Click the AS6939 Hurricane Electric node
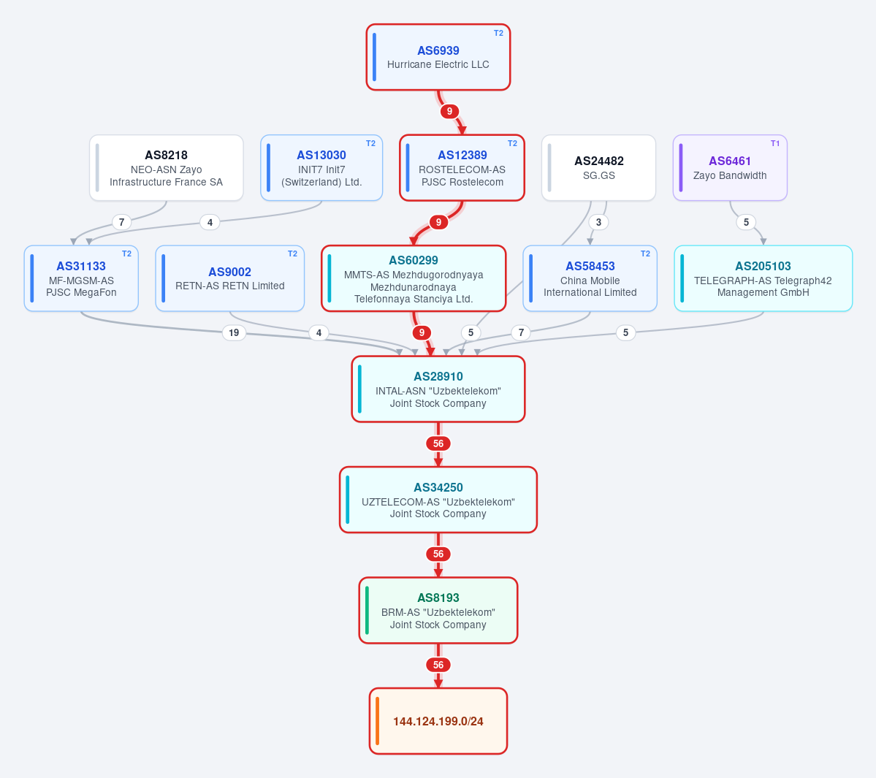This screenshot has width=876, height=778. [x=438, y=57]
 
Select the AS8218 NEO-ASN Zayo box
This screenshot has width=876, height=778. [x=167, y=167]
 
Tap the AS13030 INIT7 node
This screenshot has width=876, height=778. [x=321, y=167]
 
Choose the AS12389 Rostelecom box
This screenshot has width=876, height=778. [x=462, y=167]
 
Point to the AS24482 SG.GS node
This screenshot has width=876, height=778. [x=598, y=167]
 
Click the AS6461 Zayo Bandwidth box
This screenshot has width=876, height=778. [x=730, y=167]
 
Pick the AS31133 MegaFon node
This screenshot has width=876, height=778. [x=81, y=278]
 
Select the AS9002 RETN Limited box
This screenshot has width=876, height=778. [x=229, y=278]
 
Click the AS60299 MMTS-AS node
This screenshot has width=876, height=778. [x=414, y=278]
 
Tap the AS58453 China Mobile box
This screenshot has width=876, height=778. [x=590, y=278]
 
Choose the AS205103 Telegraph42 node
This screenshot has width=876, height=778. [x=763, y=278]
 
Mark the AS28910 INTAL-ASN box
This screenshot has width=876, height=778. [x=438, y=389]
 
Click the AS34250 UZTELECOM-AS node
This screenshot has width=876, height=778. [x=438, y=499]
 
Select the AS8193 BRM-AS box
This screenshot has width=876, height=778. [x=438, y=610]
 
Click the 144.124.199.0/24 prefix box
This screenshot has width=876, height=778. [x=438, y=720]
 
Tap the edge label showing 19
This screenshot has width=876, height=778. [x=234, y=333]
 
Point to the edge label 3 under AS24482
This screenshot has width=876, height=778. [x=598, y=222]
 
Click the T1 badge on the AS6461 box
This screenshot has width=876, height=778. [x=775, y=143]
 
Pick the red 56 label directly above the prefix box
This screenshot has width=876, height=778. [x=438, y=665]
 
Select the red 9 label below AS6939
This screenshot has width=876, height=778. [x=449, y=111]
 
